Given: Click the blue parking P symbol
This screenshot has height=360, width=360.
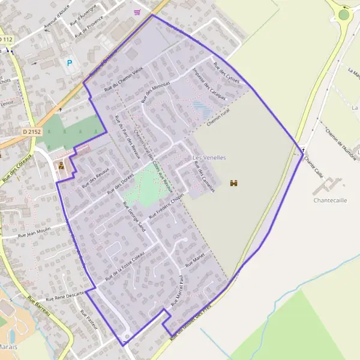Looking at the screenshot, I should [70, 62].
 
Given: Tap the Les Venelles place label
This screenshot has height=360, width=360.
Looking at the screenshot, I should [209, 158].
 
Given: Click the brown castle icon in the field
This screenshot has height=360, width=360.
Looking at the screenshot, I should [233, 182].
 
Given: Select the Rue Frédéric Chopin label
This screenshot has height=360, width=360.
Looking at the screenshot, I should [169, 206].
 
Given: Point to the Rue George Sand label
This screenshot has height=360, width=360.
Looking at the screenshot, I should [134, 217].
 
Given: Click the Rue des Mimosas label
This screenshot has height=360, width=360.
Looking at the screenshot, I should [156, 91].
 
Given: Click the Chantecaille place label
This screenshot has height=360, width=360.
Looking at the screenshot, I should [330, 199].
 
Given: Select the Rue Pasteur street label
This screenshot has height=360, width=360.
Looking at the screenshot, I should [88, 322].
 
